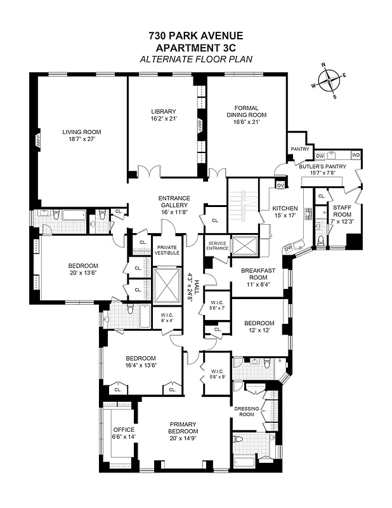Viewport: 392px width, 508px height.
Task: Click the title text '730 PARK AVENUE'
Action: tap(195, 36)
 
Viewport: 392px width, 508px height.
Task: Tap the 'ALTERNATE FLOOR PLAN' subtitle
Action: tap(195, 58)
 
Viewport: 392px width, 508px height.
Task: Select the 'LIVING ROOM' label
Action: tap(81, 132)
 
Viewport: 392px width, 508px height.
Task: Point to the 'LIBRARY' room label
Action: tap(163, 111)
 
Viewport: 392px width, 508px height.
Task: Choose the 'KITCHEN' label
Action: tap(285, 208)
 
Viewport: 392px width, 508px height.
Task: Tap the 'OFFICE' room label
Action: tap(123, 429)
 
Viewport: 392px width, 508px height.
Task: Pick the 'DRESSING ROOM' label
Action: tap(244, 411)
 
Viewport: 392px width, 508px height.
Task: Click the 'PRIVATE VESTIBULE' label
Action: tap(168, 250)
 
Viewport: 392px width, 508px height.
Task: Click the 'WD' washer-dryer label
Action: tap(355, 155)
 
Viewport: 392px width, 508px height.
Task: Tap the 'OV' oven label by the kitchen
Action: tap(281, 185)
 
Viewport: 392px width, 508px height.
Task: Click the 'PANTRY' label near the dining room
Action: tap(299, 150)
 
